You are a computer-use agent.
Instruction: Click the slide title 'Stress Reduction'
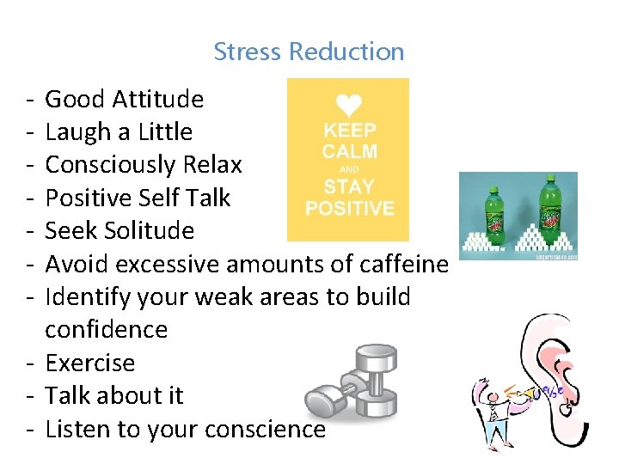point(309,52)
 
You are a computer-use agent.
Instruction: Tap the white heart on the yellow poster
point(348,106)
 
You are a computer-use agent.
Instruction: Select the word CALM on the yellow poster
point(349,151)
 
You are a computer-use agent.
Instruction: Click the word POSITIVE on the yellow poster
point(349,209)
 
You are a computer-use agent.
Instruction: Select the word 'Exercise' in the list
point(89,363)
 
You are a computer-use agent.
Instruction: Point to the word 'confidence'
point(106,330)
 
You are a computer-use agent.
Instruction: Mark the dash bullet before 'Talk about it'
point(29,396)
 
